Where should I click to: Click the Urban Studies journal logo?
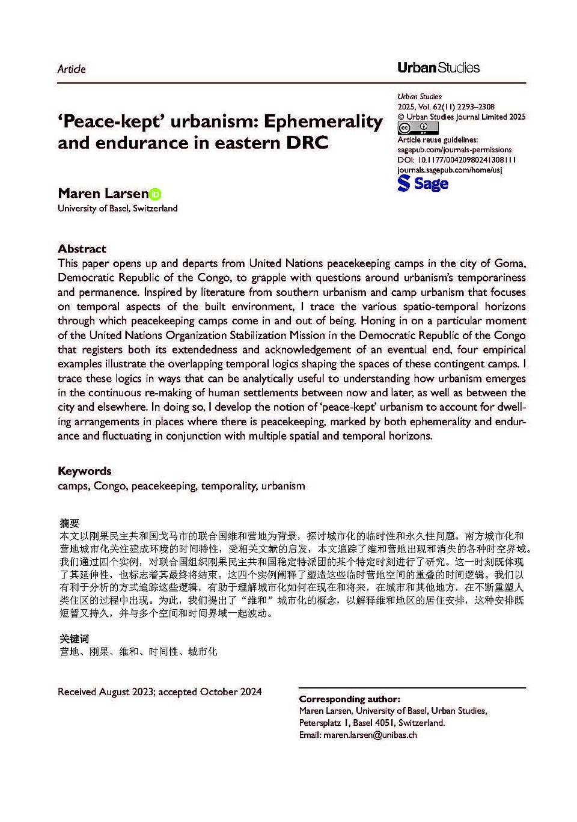coord(438,68)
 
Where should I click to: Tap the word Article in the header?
coord(72,69)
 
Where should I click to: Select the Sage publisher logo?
coord(423,183)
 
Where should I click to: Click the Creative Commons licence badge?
coord(418,128)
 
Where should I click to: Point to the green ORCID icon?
coord(156,194)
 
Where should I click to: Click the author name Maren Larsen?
coord(103,194)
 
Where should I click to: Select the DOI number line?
coord(457,160)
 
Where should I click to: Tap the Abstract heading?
coord(82,249)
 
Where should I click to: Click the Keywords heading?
coord(85,471)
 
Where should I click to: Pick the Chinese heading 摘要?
coord(70,523)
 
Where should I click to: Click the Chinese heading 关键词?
coord(74,639)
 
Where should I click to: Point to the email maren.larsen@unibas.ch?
coord(370,735)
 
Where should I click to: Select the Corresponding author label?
coord(349,699)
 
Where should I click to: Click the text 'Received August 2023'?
coord(106,692)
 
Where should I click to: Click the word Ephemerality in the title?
coord(323,121)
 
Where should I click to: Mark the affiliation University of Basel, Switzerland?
coord(118,209)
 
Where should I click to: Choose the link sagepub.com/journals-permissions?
coord(454,150)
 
